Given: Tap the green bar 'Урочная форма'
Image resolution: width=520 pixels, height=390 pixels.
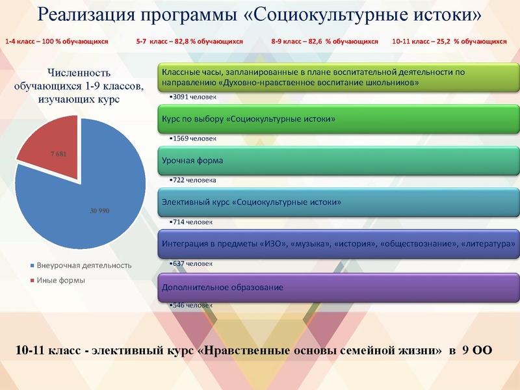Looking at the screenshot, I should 338,161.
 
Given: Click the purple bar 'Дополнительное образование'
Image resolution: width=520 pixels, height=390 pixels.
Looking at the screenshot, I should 338,287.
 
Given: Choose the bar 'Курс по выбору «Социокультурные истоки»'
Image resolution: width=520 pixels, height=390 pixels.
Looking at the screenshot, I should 338,119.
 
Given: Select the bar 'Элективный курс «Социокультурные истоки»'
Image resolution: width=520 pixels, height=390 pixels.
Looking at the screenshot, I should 338,203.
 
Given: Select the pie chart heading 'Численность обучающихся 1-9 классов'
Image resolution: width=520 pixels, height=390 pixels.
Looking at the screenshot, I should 78,86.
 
